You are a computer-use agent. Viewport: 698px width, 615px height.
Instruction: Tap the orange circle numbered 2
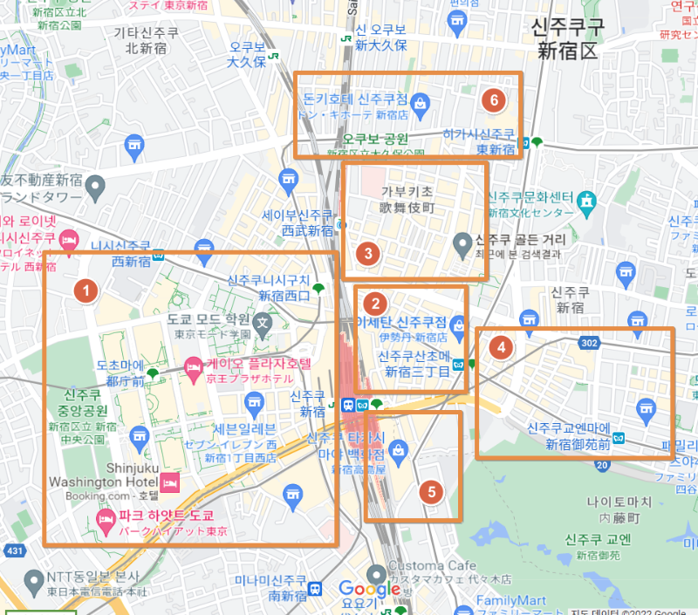point(375,304)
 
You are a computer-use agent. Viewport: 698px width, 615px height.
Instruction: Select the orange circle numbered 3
point(368,254)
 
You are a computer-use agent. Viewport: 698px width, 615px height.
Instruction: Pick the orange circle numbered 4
point(500,346)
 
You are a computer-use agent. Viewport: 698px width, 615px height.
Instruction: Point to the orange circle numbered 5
point(431,491)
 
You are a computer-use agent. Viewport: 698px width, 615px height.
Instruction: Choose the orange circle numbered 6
point(494,99)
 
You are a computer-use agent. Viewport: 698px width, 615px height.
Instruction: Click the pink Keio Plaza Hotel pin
point(194,367)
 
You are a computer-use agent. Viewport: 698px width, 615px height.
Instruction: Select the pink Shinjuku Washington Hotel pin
point(168,482)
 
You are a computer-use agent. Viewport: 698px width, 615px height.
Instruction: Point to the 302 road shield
point(589,343)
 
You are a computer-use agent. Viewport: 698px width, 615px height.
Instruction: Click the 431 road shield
point(14,550)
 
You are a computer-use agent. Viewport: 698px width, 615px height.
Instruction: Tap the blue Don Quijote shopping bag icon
point(421,103)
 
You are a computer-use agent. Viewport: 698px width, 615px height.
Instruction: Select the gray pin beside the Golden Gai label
point(463,242)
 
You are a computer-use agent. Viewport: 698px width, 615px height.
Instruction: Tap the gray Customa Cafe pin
point(378,572)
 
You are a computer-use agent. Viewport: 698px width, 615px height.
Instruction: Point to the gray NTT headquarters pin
point(34,579)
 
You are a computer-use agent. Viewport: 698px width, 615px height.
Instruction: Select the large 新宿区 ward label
point(568,51)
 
